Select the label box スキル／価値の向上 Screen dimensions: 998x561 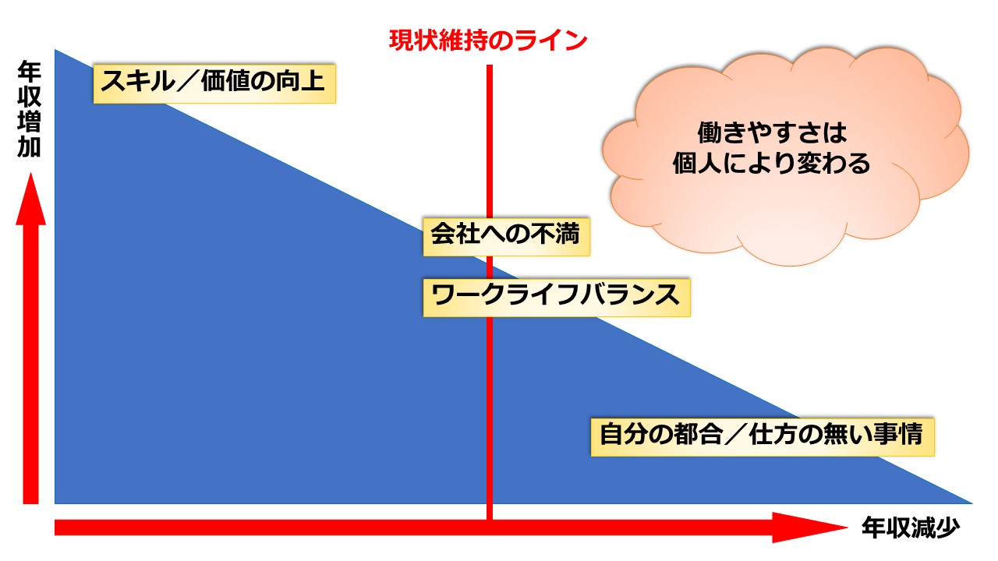click(214, 83)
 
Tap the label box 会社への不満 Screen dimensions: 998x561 click(507, 237)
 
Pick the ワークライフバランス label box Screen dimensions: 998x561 click(557, 298)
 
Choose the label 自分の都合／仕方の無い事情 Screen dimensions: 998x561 click(763, 437)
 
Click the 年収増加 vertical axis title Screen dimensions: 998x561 click(30, 110)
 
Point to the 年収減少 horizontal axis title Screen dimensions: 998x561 click(910, 528)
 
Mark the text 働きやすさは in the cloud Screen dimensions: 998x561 click(772, 132)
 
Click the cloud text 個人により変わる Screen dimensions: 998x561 click(771, 164)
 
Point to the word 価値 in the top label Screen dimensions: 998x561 click(225, 82)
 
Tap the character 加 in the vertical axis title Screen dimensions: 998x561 click(30, 146)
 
